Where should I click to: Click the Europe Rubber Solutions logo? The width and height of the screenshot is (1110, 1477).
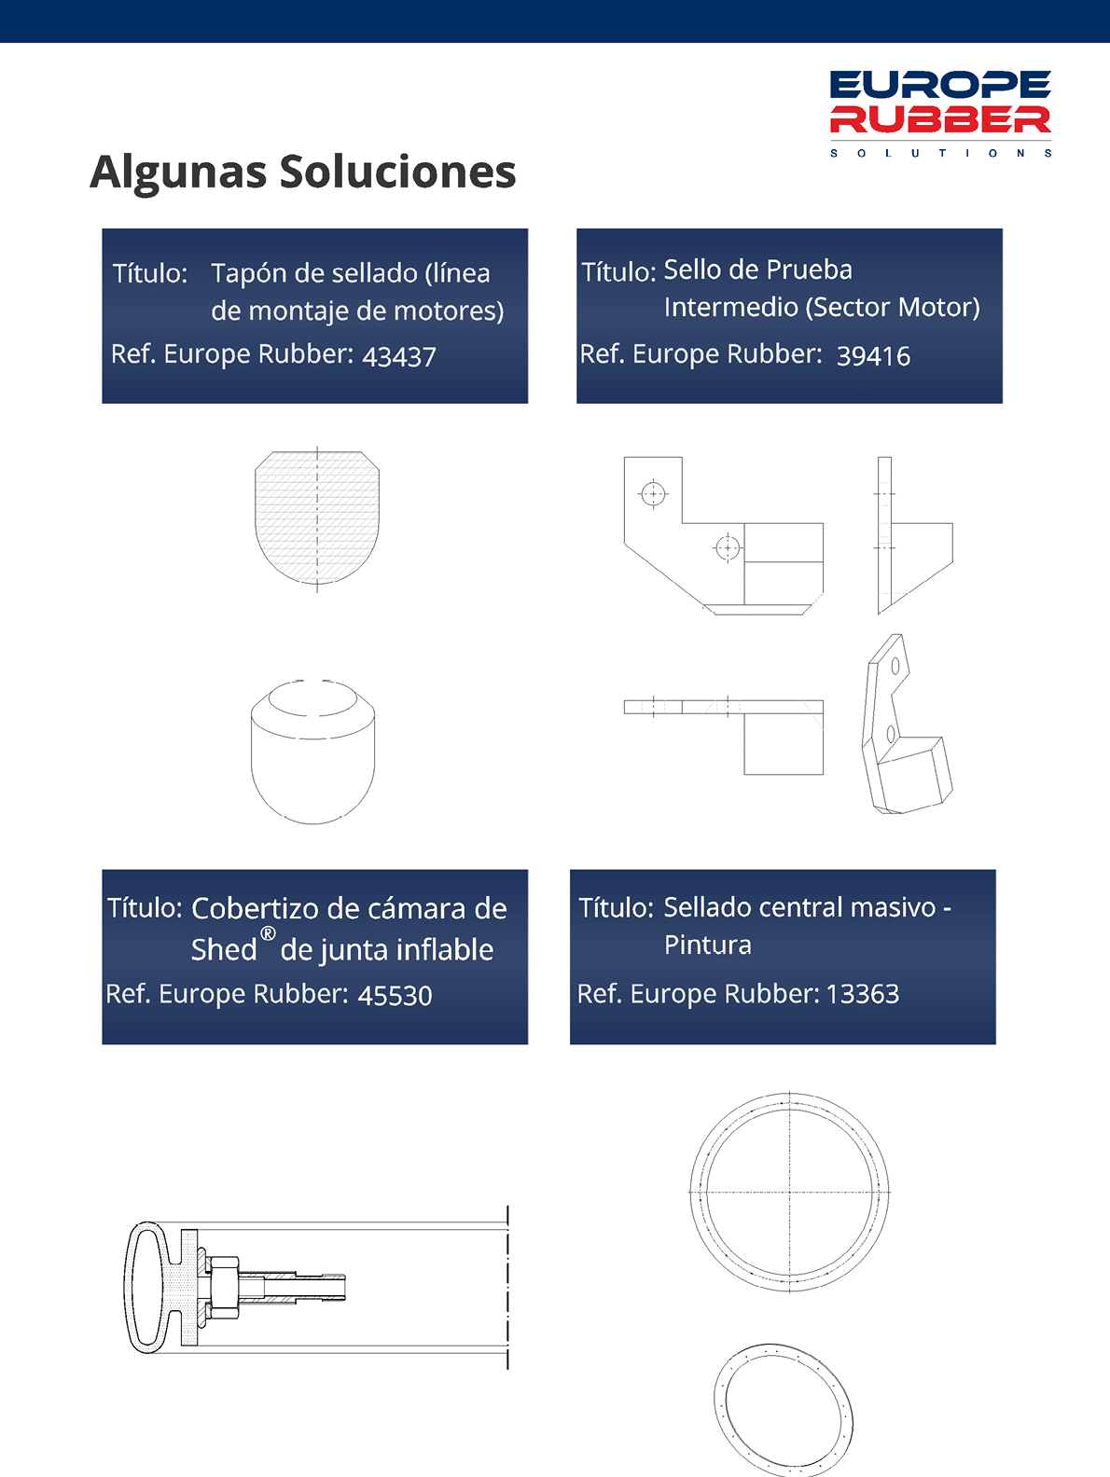(940, 113)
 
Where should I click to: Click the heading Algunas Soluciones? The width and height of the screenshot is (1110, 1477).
(303, 173)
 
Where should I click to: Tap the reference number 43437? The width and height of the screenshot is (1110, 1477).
(399, 356)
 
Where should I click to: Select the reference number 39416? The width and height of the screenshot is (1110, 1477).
(873, 356)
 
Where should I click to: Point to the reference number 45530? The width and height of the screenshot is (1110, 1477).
(395, 995)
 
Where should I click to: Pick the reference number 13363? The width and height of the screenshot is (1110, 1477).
(862, 994)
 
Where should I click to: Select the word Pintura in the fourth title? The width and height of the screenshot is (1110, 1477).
(707, 945)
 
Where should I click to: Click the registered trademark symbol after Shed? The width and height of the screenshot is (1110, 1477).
(268, 933)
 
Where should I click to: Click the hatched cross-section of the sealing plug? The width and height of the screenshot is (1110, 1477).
(317, 518)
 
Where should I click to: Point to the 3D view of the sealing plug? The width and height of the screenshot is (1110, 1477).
(313, 752)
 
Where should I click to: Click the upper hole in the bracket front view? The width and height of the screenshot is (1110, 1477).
(653, 494)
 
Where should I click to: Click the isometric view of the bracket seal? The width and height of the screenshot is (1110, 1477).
(908, 724)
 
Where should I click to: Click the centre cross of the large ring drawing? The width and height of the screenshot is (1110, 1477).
(789, 1193)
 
